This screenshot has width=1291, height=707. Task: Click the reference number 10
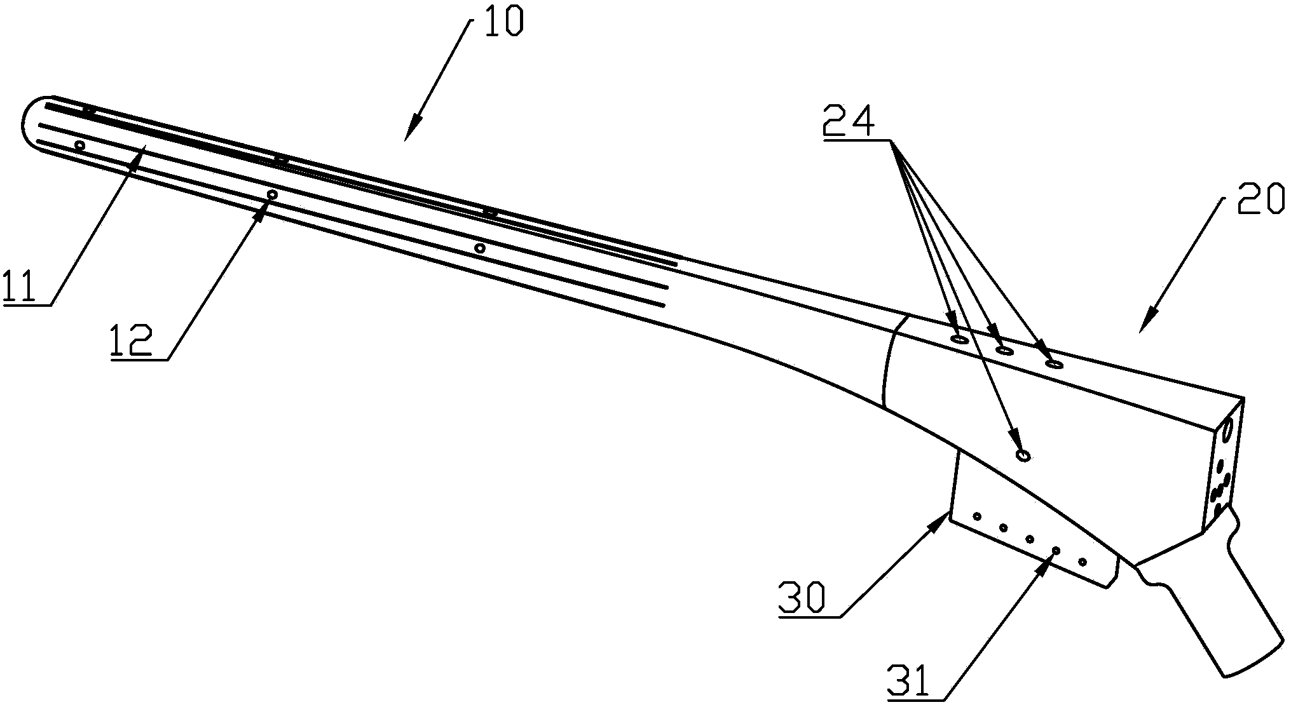coord(503,22)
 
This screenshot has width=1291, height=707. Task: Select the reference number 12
coord(132,342)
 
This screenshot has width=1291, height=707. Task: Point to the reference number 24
coord(849,120)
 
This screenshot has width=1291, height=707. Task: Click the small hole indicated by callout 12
coord(272,194)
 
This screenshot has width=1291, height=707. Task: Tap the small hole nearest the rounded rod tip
coord(79,145)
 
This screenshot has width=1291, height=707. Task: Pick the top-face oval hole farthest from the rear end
coord(959,340)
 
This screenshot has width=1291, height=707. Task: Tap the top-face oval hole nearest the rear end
coord(1054,364)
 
